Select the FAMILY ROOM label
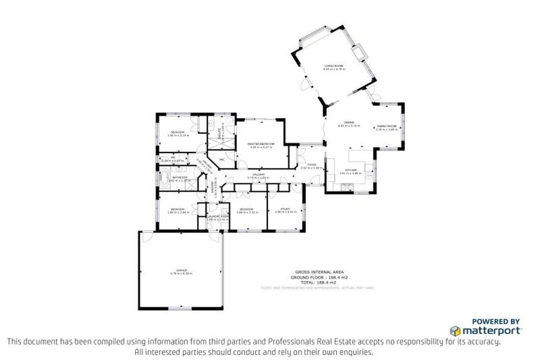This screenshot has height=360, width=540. point(387,126)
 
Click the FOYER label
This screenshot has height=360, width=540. point(311,165)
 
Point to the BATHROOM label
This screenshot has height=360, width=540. point(179,177)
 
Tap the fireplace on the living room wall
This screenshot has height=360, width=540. point(359,53)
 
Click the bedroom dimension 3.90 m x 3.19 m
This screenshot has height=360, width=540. point(177,136)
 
